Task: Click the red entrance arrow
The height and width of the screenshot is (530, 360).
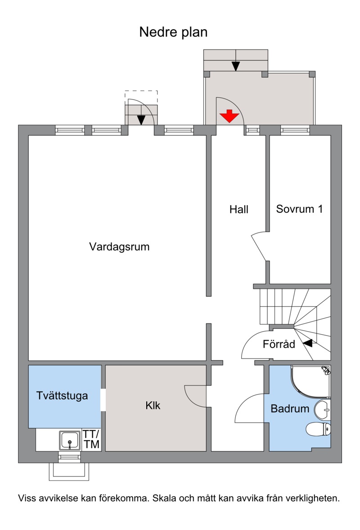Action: [x=229, y=116]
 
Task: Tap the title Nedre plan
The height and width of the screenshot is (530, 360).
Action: [x=173, y=32]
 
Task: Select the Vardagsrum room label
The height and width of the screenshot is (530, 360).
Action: [x=119, y=247]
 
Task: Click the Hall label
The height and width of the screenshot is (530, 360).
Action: [x=239, y=209]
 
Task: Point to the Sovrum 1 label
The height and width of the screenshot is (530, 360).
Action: [x=300, y=209]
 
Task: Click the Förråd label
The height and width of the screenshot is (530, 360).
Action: [x=279, y=344]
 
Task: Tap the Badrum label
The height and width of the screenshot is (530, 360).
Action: [x=290, y=409]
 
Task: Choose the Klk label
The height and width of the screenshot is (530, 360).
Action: [x=153, y=405]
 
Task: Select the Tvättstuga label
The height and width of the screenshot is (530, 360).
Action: [x=62, y=396]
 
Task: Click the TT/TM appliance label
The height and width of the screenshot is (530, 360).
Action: [x=92, y=440]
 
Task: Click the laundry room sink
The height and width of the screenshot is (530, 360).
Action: [x=70, y=440]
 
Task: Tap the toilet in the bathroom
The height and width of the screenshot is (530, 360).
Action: [x=318, y=429]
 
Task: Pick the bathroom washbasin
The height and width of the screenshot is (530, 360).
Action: [x=323, y=410]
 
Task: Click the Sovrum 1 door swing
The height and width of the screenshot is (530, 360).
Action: [x=259, y=244]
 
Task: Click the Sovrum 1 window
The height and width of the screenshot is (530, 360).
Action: [x=295, y=130]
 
